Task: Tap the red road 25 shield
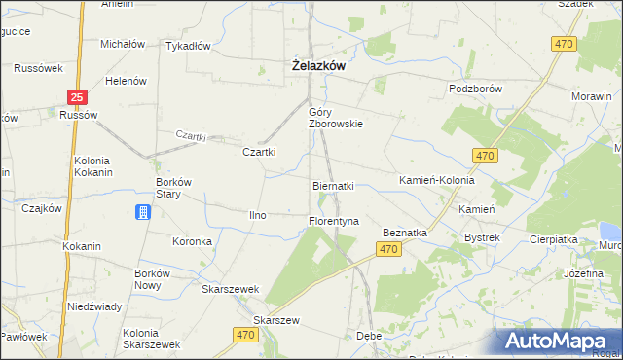pos(79,96)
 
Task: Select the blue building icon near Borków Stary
pos(143,212)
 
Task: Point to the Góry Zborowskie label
pos(335,117)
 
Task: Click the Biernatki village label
pos(333,185)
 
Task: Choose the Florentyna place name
pos(334,221)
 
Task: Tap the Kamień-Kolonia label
pos(437,181)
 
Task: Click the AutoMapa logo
pos(561,340)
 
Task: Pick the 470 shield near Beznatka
pos(389,250)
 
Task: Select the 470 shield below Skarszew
pos(247,334)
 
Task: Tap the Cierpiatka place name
pos(554,237)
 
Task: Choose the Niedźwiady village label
pos(94,306)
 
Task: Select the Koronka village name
pos(192,241)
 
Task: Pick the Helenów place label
pos(126,81)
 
